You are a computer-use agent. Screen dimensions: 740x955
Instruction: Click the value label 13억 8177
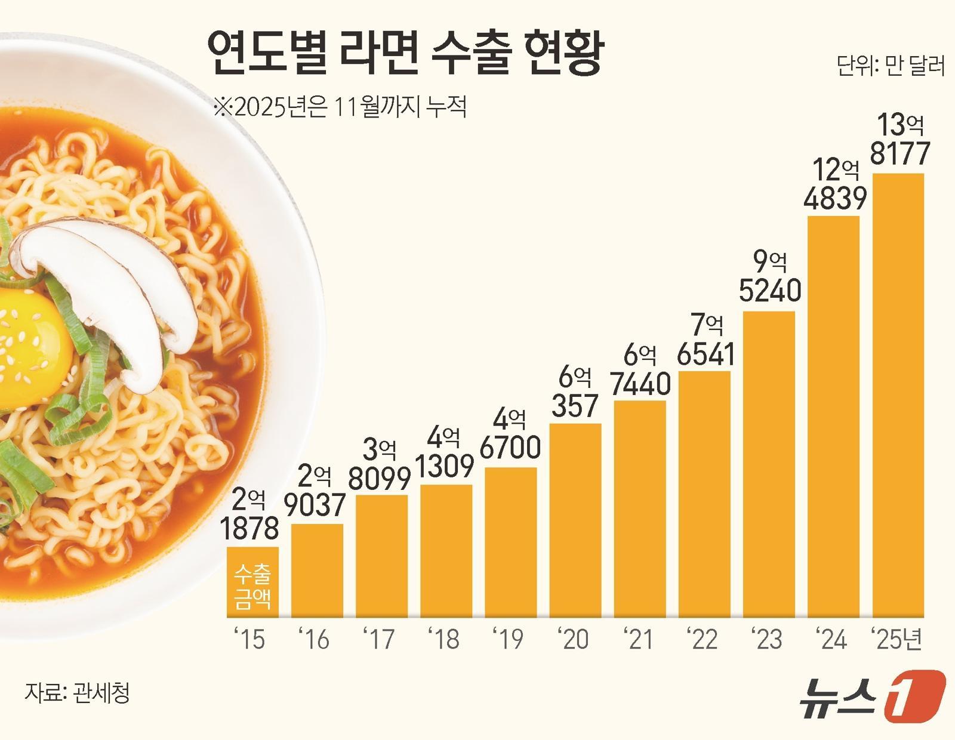tap(899, 140)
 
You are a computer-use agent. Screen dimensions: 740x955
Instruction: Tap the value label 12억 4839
tap(834, 184)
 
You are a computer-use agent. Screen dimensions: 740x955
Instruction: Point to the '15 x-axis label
tap(251, 639)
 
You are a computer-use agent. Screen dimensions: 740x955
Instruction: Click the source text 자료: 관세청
tap(77, 693)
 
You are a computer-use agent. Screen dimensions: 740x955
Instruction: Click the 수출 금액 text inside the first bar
tap(252, 586)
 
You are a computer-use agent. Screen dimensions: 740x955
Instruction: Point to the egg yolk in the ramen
tap(30, 352)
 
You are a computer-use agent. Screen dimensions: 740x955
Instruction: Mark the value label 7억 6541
tap(705, 340)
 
